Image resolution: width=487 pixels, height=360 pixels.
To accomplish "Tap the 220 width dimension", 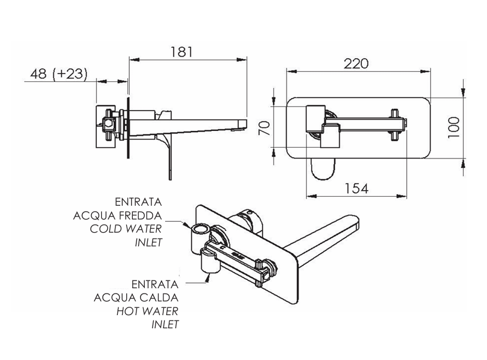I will [356, 64].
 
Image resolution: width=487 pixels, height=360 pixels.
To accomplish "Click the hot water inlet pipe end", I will [208, 275].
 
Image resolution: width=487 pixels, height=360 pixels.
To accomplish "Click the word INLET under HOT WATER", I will [165, 324].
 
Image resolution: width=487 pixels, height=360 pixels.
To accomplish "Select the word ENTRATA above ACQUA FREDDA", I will [137, 203].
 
